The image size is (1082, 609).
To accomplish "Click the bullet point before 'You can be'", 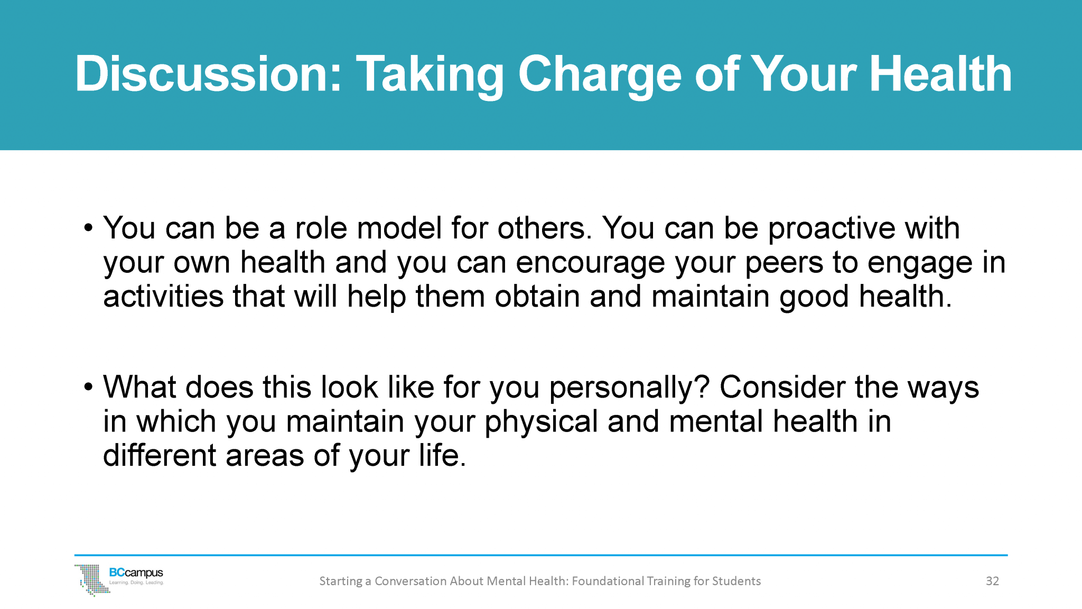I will (88, 228).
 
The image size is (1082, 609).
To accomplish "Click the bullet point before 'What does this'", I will (88, 387).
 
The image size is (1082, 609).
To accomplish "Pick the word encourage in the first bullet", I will (590, 263).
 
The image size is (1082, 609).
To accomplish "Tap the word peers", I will (784, 263).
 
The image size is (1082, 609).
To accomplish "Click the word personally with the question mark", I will (629, 387).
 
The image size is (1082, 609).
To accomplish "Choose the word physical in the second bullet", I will (541, 422).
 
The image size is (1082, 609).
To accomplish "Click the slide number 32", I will (992, 581).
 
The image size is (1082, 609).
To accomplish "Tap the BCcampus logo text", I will (136, 573).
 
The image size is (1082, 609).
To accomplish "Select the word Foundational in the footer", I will (608, 581).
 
